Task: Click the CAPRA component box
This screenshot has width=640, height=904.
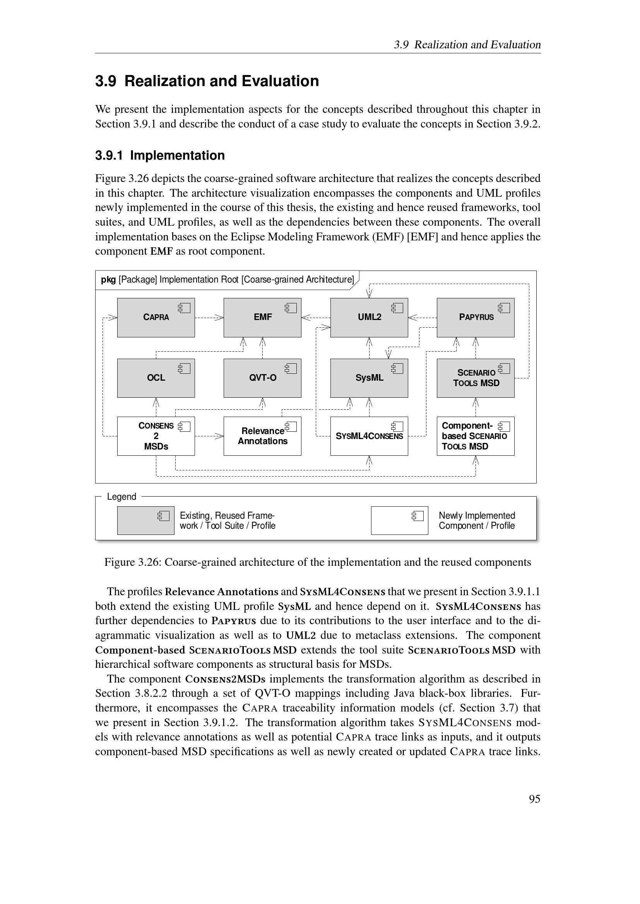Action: [156, 317]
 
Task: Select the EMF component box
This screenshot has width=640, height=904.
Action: [262, 317]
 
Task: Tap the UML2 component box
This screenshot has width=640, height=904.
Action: [369, 317]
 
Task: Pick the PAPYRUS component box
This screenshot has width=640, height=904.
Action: [475, 317]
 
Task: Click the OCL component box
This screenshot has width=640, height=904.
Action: [156, 378]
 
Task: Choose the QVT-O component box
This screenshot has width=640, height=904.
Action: [262, 378]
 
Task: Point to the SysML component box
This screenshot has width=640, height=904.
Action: [369, 378]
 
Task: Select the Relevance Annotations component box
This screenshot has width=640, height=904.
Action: [262, 436]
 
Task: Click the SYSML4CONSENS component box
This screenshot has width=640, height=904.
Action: [369, 436]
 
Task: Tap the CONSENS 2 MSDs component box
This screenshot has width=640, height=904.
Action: [156, 436]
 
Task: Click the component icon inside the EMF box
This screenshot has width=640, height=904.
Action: [291, 308]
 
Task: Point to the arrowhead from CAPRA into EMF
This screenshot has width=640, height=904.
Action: [220, 317]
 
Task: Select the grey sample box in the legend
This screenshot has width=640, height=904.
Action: [145, 520]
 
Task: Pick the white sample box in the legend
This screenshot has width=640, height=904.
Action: [399, 520]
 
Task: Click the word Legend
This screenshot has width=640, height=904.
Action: [121, 497]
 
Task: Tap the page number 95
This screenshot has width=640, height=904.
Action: [534, 799]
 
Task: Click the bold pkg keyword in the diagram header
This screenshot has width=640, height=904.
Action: [108, 279]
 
